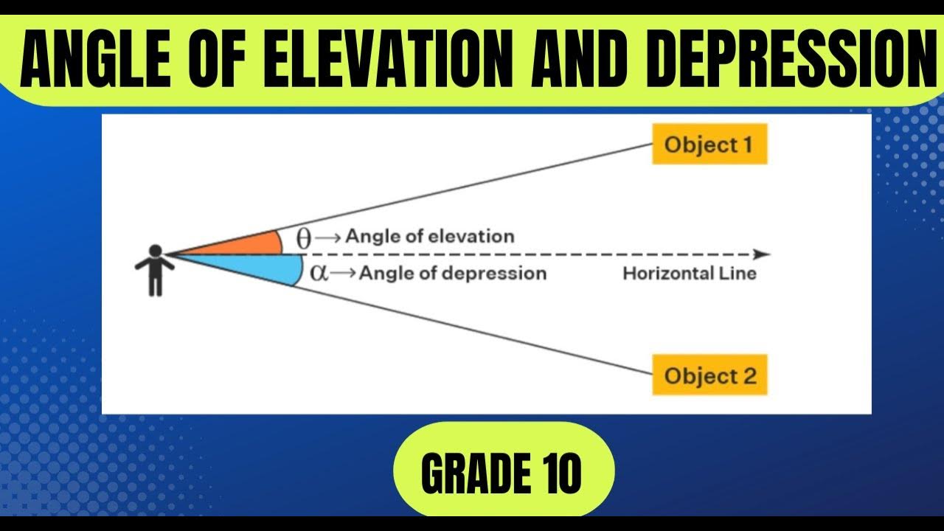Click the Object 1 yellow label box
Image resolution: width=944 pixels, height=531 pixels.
coord(709,145)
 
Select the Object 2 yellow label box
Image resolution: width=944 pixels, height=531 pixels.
coord(709,375)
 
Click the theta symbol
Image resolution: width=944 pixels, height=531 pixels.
coord(304,238)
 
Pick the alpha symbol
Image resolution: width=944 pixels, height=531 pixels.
coord(318,274)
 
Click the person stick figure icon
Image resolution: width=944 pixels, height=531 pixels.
coord(154,271)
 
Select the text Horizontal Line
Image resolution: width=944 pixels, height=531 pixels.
coord(690,274)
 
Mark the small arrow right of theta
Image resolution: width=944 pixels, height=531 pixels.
coord(329,237)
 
